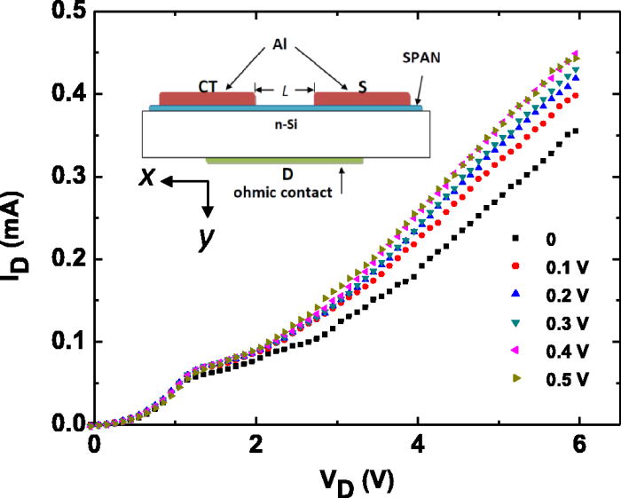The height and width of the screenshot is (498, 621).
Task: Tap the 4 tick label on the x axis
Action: pyautogui.click(x=417, y=442)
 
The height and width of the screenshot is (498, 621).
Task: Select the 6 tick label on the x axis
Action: pyautogui.click(x=580, y=442)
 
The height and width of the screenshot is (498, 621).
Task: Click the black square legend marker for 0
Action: pyautogui.click(x=514, y=238)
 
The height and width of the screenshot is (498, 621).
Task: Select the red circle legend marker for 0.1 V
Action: pyautogui.click(x=514, y=265)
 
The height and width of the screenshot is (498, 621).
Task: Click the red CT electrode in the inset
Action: pyautogui.click(x=206, y=99)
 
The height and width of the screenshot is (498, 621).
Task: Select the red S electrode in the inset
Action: pyautogui.click(x=362, y=99)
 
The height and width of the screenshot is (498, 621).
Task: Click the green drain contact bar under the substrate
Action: pyautogui.click(x=284, y=161)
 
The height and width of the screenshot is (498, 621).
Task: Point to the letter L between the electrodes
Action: pyautogui.click(x=285, y=91)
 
